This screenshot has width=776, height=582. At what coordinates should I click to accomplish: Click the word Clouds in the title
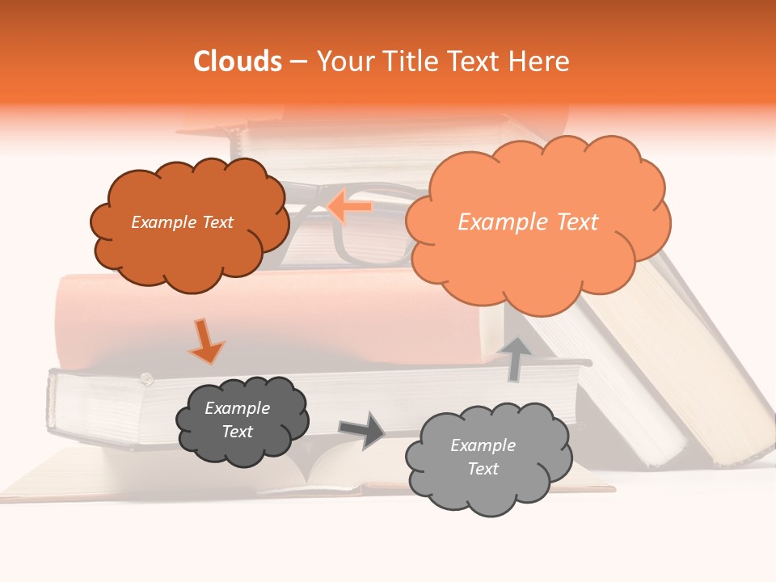238,61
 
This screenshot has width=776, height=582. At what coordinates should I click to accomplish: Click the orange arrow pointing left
349,206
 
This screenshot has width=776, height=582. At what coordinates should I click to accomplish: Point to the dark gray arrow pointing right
361,430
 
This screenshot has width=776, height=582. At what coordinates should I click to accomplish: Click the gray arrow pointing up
515,359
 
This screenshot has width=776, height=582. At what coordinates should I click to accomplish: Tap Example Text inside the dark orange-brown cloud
182,222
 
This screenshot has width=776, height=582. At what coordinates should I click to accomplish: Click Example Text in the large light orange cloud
528,222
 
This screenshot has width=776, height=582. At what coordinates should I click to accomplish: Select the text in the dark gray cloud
237,420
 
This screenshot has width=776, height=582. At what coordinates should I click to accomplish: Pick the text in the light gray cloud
483,457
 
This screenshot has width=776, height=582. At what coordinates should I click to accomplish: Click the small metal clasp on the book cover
146,377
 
